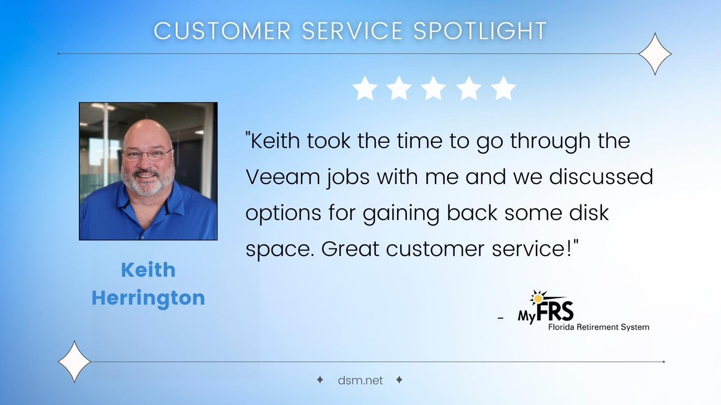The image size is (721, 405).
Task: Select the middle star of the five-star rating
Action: coord(434,88)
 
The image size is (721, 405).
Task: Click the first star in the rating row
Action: coord(364,88)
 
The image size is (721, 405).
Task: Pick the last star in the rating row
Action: coord(503,88)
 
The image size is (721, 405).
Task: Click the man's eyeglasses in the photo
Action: coord(147,154)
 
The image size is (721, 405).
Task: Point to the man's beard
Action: coord(147,183)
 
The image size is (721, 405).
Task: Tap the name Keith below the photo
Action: coord(148,270)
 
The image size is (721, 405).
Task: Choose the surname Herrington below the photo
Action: coord(148,298)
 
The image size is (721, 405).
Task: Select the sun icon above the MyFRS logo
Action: coord(536,296)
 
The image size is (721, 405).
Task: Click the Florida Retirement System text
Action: coord(598,327)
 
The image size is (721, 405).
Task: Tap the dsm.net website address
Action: coord(360,380)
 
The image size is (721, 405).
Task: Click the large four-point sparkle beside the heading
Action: coord(654,54)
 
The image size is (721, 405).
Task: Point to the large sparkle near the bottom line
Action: coord(74,361)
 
